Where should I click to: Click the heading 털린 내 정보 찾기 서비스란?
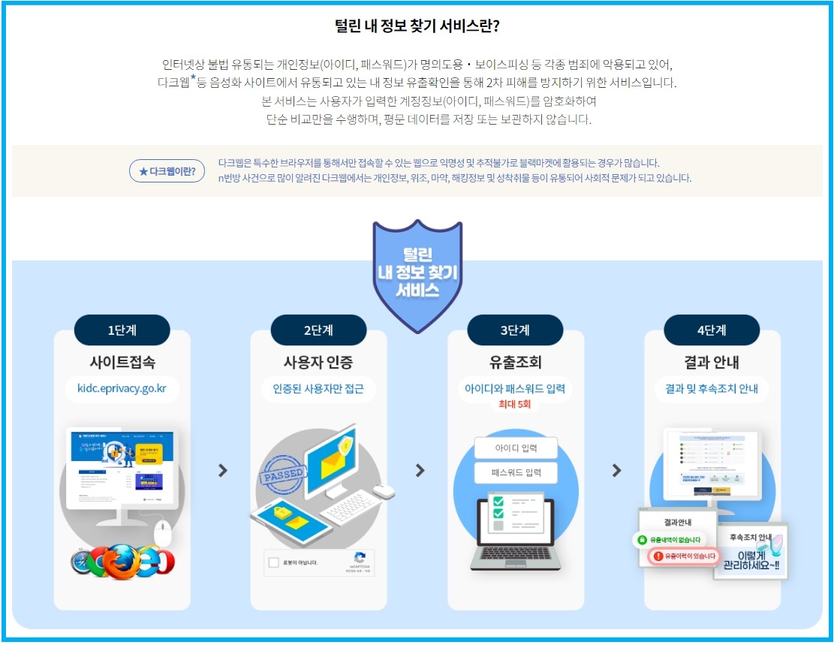417,26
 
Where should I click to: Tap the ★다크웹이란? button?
167,171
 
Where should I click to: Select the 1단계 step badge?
122,330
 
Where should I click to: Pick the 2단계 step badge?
318,330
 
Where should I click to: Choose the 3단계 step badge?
515,330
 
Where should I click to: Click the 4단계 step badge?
712,330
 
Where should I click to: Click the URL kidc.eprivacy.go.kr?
122,389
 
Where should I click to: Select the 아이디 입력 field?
516,448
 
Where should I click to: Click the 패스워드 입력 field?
516,473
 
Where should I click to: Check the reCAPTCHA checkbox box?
274,562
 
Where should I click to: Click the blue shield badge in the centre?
417,274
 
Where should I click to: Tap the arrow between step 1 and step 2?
222,470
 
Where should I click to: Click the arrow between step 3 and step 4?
616,470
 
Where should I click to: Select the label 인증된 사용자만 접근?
318,389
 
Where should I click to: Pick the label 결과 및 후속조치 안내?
712,389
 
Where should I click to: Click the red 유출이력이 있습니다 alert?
684,556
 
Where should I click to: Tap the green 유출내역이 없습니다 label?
670,540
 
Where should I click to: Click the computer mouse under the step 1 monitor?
163,534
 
